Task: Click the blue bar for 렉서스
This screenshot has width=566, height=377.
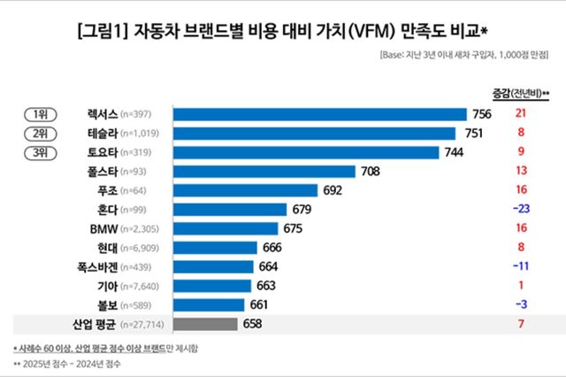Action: [320, 114]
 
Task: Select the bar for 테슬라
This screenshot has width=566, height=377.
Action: [315, 133]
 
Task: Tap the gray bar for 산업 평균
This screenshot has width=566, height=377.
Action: [206, 325]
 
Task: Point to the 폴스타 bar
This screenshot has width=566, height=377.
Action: [264, 172]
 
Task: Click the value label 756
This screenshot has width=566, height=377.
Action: [484, 114]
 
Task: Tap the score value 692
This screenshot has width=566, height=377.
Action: [334, 190]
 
